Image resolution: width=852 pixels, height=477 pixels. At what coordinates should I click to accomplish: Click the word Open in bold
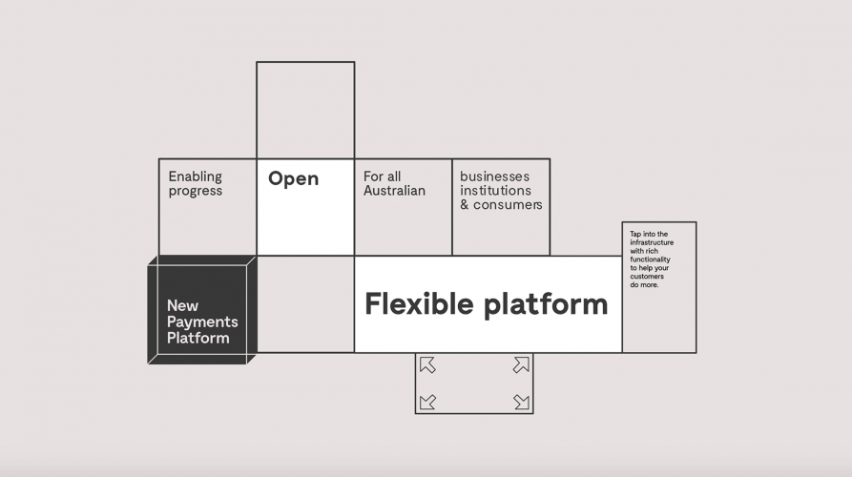(293, 179)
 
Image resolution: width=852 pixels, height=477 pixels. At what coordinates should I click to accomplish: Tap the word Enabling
(195, 176)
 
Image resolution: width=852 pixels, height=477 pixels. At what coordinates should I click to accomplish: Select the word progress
(195, 191)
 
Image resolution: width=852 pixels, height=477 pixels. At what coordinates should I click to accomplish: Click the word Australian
(394, 191)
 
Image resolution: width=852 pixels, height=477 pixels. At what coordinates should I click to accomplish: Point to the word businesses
(494, 176)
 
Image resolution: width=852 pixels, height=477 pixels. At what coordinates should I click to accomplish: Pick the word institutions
(494, 191)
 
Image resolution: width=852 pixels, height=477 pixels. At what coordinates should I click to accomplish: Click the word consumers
(509, 205)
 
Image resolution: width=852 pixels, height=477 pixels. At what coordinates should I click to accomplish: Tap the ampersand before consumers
(465, 205)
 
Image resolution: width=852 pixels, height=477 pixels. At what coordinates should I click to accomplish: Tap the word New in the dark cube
(182, 306)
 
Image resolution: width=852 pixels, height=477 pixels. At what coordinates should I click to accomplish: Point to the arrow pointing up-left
(427, 364)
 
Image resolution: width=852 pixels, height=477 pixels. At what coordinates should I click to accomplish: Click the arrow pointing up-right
(521, 364)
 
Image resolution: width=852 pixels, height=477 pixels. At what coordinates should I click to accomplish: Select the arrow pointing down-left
(427, 402)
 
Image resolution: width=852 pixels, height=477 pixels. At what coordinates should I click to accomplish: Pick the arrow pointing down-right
(521, 402)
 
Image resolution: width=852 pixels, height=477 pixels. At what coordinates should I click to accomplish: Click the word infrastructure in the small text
(652, 243)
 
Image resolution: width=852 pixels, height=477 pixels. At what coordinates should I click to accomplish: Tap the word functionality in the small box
(650, 259)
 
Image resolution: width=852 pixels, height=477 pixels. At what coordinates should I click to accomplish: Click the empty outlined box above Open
(305, 110)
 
